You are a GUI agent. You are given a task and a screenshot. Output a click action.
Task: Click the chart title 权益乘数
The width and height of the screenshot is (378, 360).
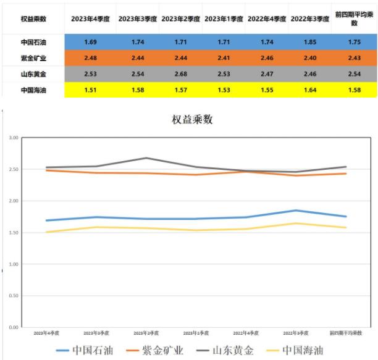[x=191, y=120]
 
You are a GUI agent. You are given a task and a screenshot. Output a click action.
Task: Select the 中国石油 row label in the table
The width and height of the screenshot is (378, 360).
[x=33, y=41]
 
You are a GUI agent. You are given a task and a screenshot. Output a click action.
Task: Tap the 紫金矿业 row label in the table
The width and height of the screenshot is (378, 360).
[x=33, y=57]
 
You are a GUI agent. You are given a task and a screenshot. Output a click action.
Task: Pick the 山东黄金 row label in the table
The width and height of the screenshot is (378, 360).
[x=33, y=74]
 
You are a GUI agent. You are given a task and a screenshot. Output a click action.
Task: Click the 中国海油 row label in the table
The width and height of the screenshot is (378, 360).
[x=33, y=90]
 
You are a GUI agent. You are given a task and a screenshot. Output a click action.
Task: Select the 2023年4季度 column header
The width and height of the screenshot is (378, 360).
[x=90, y=19]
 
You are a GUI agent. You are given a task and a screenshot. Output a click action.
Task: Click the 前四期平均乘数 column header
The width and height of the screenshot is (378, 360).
[x=354, y=19]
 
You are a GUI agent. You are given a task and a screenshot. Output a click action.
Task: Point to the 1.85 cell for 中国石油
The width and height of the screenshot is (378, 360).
[x=310, y=41]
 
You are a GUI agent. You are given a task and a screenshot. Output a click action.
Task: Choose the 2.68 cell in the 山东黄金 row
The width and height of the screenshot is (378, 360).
[x=181, y=74]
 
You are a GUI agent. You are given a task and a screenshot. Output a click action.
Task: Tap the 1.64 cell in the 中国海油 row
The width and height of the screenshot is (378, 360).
[x=310, y=90]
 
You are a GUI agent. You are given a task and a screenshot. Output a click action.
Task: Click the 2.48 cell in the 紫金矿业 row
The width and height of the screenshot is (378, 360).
[x=90, y=57]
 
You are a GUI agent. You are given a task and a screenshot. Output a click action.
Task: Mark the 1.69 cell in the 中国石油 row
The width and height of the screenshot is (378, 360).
[x=90, y=41]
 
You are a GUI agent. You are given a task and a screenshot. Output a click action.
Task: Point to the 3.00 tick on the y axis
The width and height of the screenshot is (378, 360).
[x=14, y=138]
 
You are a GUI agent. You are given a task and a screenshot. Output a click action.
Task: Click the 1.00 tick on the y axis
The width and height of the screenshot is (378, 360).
[x=14, y=264]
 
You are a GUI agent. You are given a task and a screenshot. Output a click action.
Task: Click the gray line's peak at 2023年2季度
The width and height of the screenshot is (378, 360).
[x=146, y=158]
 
